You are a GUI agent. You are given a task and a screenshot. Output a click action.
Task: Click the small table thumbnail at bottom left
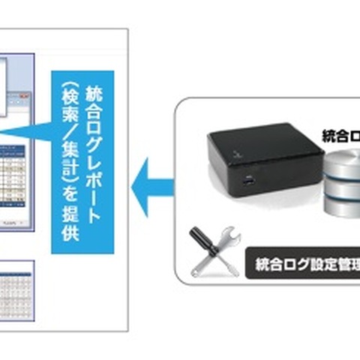16,286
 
